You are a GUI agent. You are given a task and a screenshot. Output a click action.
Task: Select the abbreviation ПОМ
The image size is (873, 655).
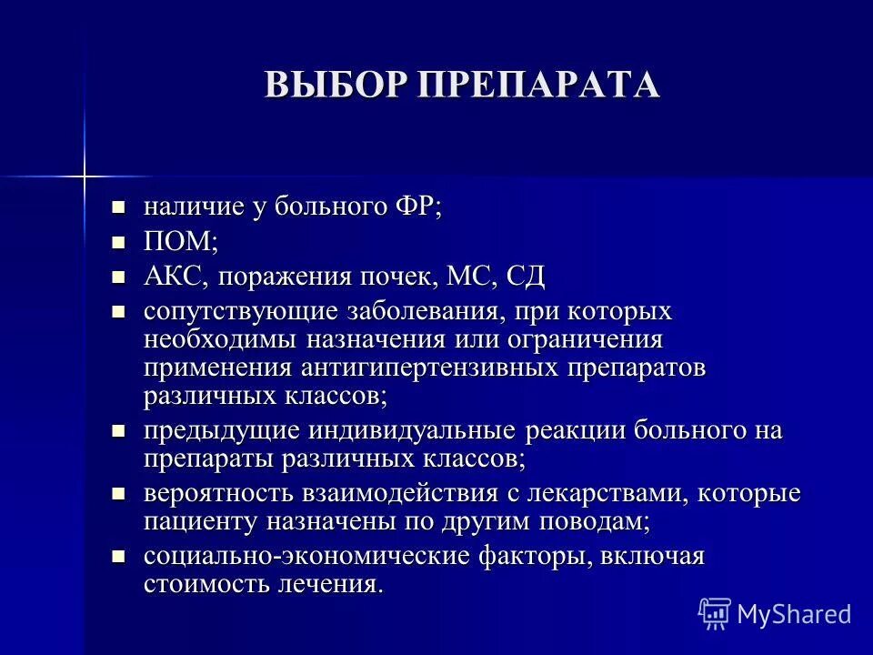(x=179, y=241)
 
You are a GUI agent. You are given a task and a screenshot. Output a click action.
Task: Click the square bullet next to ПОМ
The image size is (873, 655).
(x=116, y=242)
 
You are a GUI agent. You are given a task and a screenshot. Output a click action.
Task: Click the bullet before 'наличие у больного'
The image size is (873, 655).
(x=116, y=207)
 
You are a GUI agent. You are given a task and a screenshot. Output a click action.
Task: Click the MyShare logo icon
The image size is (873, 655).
(x=715, y=613)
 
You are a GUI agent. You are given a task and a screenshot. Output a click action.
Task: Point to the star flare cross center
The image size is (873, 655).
(x=84, y=173)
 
